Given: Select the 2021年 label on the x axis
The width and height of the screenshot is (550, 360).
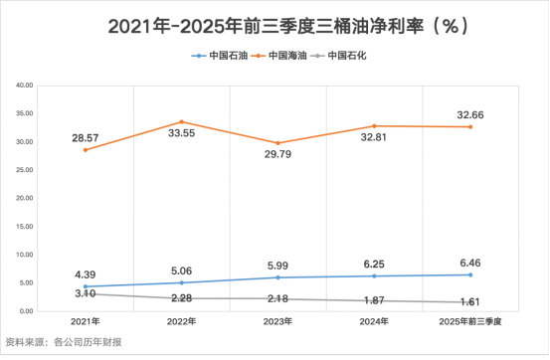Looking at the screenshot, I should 87,322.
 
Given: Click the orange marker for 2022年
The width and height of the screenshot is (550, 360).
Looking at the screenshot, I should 180,121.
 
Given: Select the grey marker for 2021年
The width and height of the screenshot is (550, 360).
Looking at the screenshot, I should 87,293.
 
